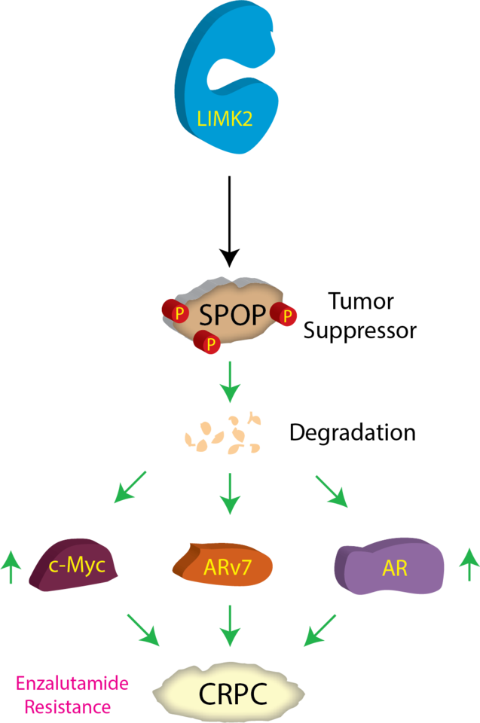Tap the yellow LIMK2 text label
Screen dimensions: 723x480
(225, 119)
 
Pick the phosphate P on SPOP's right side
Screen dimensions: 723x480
(286, 316)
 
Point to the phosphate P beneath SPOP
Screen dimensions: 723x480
(209, 343)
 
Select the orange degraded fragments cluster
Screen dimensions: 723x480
(223, 436)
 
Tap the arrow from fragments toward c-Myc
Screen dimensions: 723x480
(130, 487)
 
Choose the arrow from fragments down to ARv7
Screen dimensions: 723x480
(230, 493)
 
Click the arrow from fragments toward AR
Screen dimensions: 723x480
(332, 491)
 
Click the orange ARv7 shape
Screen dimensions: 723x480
(223, 566)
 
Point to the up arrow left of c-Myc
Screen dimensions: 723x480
(10, 566)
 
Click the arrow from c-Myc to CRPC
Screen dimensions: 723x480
(142, 630)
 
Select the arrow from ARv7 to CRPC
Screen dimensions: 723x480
(230, 625)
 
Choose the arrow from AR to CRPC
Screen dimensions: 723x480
(320, 630)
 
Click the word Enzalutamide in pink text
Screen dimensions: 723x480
(72, 684)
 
